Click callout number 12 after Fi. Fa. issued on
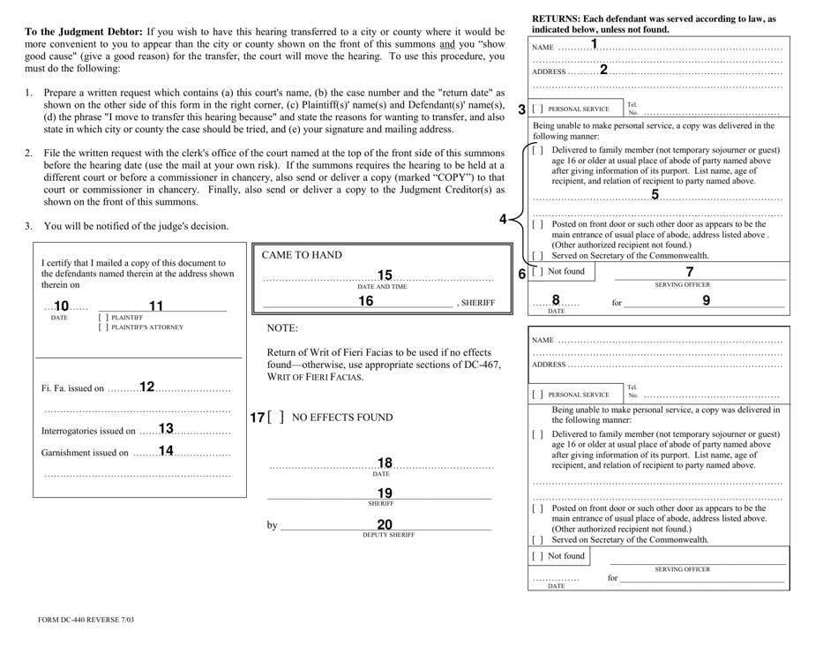point(147,387)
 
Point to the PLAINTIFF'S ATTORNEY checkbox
point(105,327)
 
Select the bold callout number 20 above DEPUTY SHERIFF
point(385,524)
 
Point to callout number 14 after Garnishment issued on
point(166,451)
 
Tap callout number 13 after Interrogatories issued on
point(166,430)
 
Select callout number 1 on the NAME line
point(594,44)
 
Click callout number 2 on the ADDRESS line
point(604,70)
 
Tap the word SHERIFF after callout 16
point(476,304)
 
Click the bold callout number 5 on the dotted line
point(655,195)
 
